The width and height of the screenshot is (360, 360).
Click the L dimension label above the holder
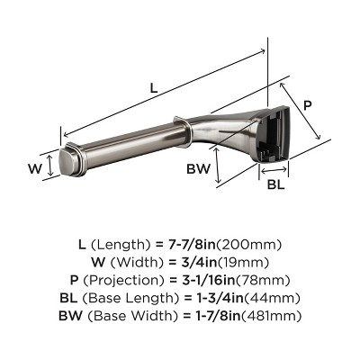(x=154, y=89)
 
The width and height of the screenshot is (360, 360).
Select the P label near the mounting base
(x=307, y=105)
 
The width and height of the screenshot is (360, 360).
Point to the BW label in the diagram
(x=199, y=169)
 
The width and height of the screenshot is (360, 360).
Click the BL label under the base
(x=276, y=185)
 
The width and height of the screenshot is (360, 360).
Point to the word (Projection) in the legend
(x=129, y=281)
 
